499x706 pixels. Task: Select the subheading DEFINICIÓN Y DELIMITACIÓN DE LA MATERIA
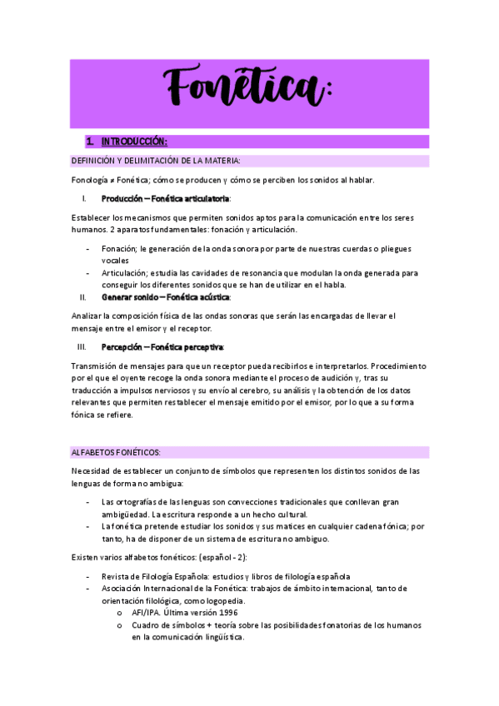155,160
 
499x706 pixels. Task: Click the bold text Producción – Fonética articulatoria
165,199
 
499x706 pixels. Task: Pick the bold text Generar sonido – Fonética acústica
166,296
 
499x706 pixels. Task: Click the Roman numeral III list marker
82,346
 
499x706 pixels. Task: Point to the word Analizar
89,316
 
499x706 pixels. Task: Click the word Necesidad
94,471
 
